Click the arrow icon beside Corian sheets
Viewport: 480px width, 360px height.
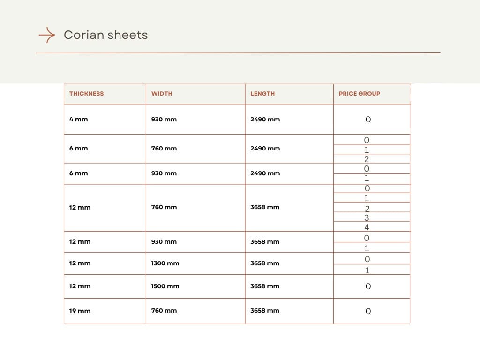[47, 35]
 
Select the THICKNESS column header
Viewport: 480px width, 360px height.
[86, 94]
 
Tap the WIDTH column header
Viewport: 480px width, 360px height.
[162, 94]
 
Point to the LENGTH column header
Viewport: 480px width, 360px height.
[262, 94]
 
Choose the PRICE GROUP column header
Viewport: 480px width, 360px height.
[360, 94]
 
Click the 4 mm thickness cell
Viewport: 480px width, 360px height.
[78, 120]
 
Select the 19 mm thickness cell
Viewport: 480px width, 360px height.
[80, 311]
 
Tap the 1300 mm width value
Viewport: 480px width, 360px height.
[165, 263]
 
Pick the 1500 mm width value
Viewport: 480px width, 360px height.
[165, 286]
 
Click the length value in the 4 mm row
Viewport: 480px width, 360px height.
[265, 120]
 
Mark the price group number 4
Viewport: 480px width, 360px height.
[367, 227]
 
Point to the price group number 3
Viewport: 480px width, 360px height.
[367, 218]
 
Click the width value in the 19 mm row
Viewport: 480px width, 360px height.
[164, 311]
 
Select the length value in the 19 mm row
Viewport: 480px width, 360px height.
[265, 311]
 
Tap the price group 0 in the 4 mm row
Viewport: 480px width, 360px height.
[368, 120]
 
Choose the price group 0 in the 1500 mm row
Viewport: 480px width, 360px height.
[368, 286]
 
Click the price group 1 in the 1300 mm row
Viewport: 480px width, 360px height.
[367, 270]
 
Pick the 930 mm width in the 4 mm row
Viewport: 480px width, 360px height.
[164, 120]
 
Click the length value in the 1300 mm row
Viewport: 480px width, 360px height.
[265, 263]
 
